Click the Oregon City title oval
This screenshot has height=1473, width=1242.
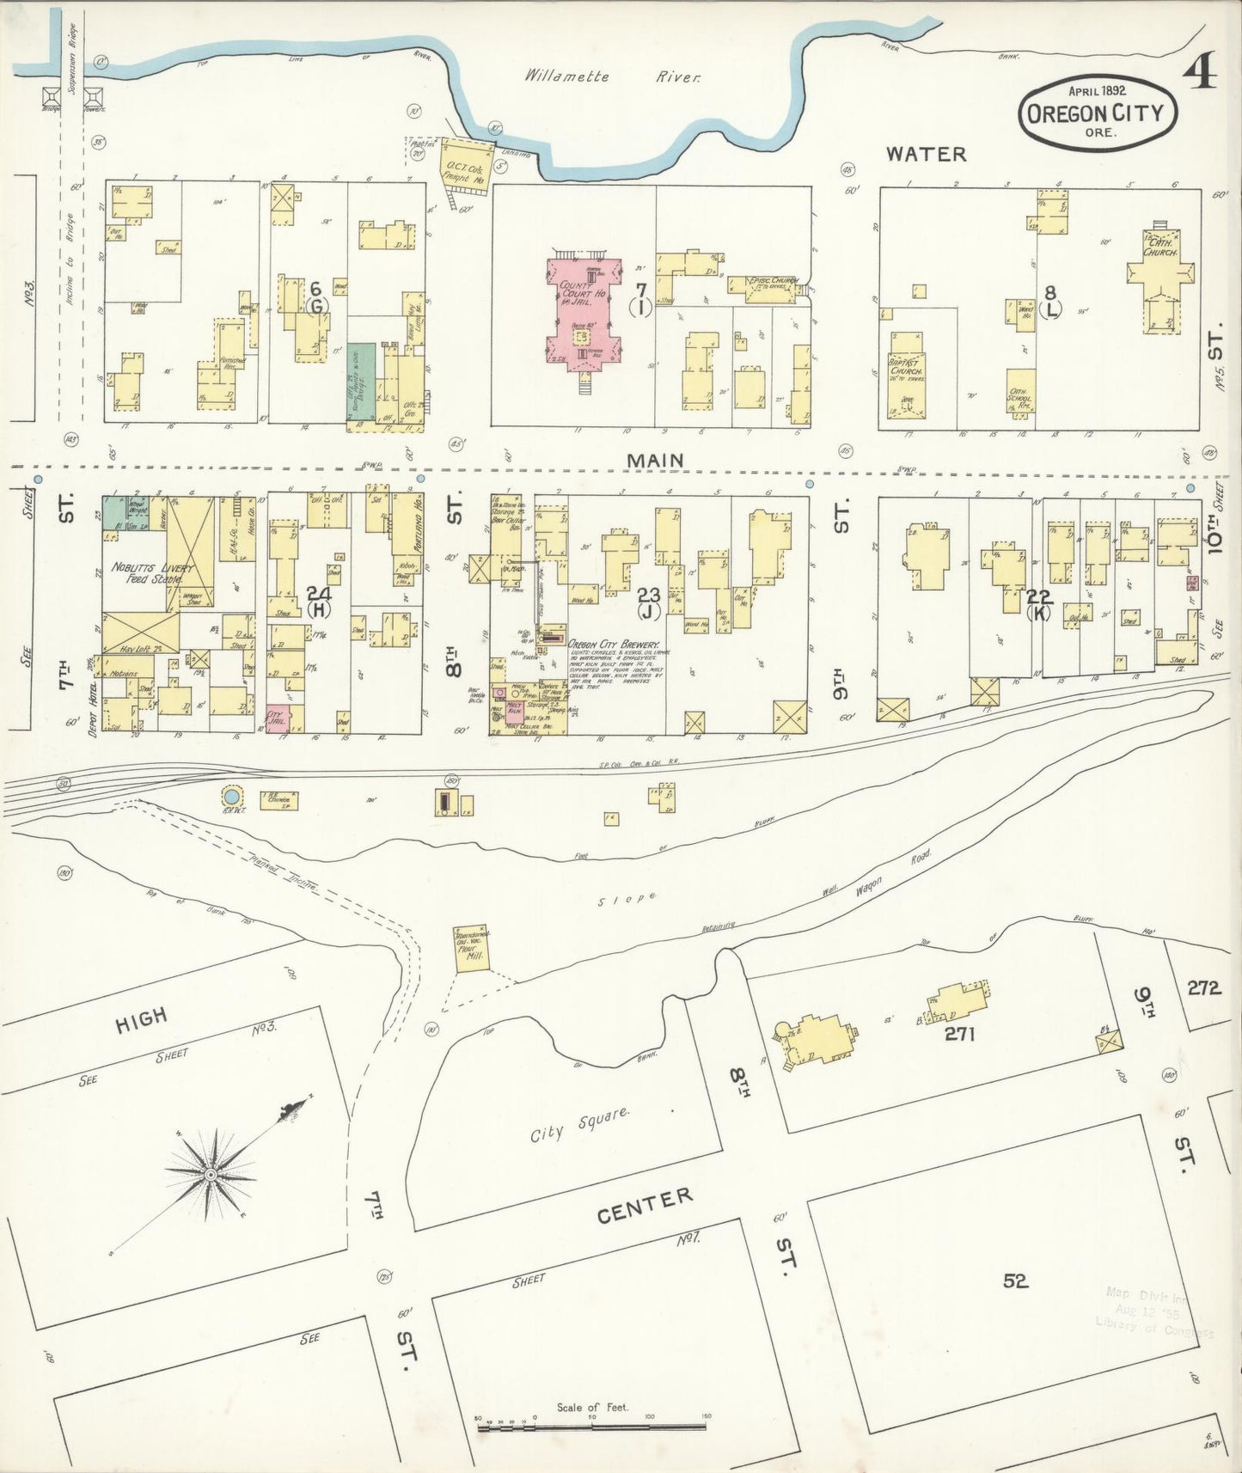[x=1096, y=113]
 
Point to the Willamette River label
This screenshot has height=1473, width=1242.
[x=613, y=76]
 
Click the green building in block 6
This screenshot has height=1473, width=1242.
[x=362, y=381]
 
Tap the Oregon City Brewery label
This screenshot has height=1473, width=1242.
[x=613, y=644]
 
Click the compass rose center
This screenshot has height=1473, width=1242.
[x=210, y=1173]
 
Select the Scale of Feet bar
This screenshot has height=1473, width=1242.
[x=592, y=1427]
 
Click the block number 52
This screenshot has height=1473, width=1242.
[x=1015, y=1280]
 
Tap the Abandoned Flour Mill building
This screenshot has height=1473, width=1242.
[x=471, y=949]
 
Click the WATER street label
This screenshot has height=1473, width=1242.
[x=926, y=154]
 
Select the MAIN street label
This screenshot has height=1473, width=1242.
[x=655, y=461]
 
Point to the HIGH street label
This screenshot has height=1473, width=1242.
[x=141, y=1018]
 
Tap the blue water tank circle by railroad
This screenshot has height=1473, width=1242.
[x=231, y=795]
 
